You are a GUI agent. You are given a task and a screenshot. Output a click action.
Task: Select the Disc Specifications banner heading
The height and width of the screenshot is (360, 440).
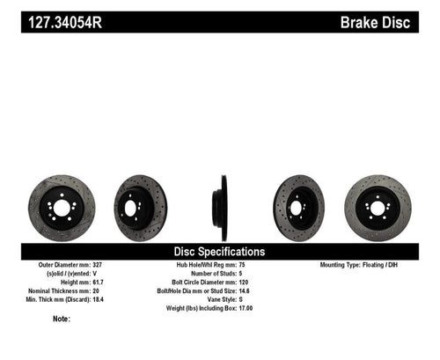pos(220,251)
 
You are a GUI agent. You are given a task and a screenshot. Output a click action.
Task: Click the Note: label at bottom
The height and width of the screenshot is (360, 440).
pos(61,319)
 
